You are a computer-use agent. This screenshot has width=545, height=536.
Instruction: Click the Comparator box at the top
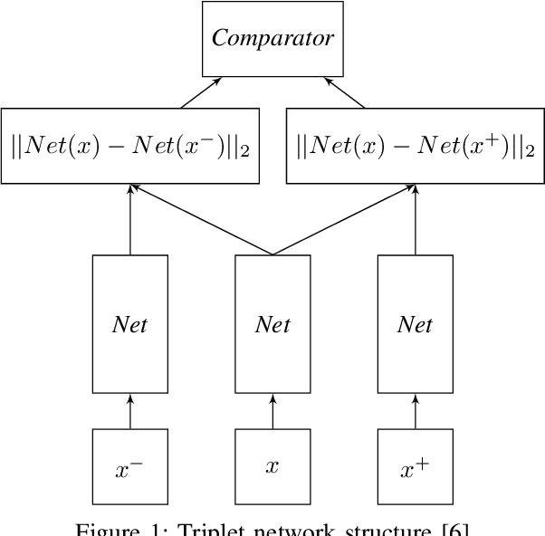tap(272, 39)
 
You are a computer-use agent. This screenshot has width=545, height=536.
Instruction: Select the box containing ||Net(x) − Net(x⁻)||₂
tap(130, 146)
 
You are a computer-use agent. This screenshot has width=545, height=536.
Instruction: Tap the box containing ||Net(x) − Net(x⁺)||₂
tap(416, 146)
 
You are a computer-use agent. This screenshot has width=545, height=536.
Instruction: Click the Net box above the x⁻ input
tap(129, 324)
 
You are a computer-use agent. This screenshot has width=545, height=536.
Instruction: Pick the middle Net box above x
tap(272, 324)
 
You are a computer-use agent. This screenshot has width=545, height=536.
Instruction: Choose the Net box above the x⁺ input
tap(415, 324)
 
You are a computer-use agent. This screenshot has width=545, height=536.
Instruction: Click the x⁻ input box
tap(129, 466)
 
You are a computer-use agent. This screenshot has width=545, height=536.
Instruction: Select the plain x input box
tap(272, 466)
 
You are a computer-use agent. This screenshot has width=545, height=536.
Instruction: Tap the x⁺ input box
tap(415, 466)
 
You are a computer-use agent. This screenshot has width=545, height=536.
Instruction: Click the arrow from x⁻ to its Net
tap(129, 411)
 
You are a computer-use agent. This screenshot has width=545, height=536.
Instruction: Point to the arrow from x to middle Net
tap(272, 411)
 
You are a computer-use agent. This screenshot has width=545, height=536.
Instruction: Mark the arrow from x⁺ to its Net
tap(415, 411)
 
